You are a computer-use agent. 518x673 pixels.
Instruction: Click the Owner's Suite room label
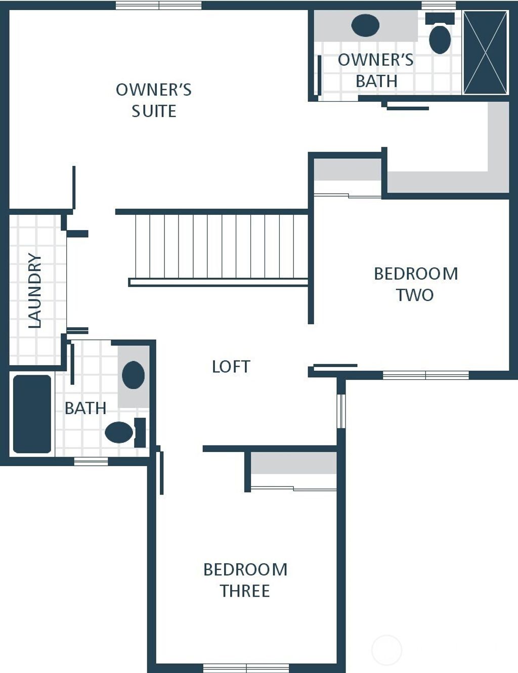click(154, 100)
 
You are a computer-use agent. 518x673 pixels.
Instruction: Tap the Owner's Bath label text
click(375, 70)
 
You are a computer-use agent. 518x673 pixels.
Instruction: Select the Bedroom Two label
click(416, 284)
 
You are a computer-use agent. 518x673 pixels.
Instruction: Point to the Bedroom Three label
click(245, 580)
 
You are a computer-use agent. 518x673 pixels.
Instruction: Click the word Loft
click(231, 367)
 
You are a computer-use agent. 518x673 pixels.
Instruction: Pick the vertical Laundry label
click(34, 290)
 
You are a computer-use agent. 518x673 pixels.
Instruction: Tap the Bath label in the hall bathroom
click(85, 408)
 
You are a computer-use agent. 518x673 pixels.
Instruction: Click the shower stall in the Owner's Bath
click(485, 53)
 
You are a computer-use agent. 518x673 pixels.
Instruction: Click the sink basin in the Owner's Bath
click(365, 25)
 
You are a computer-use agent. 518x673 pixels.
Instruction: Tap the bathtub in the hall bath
click(32, 414)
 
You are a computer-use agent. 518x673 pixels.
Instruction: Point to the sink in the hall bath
click(133, 375)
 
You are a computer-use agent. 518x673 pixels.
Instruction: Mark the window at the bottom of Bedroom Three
click(246, 668)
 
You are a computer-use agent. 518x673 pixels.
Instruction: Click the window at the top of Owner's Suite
click(158, 6)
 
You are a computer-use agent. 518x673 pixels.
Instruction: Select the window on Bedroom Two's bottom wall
click(425, 375)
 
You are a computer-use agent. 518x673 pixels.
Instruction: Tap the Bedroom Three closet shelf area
click(294, 463)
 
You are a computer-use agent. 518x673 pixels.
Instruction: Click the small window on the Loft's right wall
click(341, 411)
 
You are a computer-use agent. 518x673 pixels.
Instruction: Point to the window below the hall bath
click(91, 461)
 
